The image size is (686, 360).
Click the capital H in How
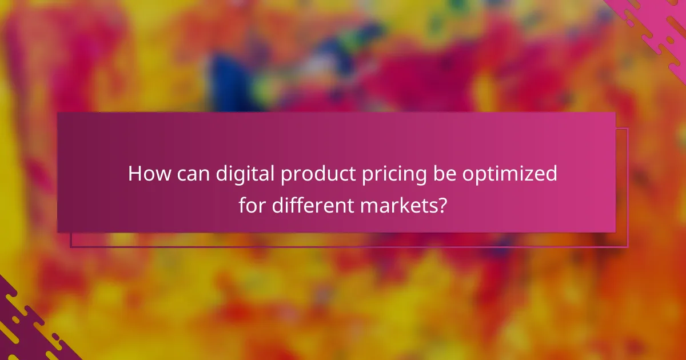click(x=135, y=174)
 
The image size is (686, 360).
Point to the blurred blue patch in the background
click(x=226, y=80)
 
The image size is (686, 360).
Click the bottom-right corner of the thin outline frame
click(x=627, y=247)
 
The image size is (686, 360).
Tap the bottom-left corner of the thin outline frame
click(x=71, y=247)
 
